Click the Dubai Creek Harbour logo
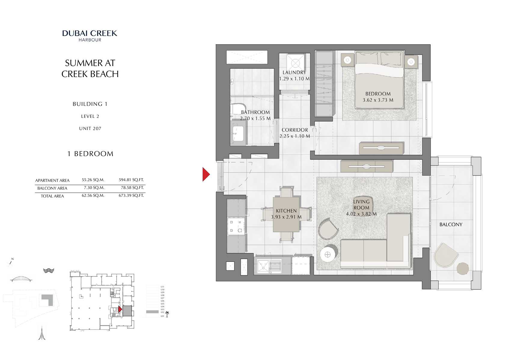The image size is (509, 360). [x=90, y=35]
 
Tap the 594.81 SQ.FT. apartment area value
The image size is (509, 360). [x=131, y=180]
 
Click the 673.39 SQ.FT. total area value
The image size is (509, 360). [x=131, y=195]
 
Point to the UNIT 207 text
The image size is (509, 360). [x=90, y=128]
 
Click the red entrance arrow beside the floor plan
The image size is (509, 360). [x=206, y=174]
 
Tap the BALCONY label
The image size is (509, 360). [x=450, y=225]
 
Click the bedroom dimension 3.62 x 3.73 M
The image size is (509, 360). [x=378, y=100]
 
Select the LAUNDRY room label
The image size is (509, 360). [x=294, y=72]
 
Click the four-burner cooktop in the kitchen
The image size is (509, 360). [x=236, y=227]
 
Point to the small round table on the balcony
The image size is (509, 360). [x=462, y=269]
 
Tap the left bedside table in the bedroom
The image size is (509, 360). [x=348, y=60]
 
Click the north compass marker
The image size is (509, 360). [x=11, y=262]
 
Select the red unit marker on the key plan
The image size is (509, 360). [x=120, y=309]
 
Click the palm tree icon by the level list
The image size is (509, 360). [x=167, y=314]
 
